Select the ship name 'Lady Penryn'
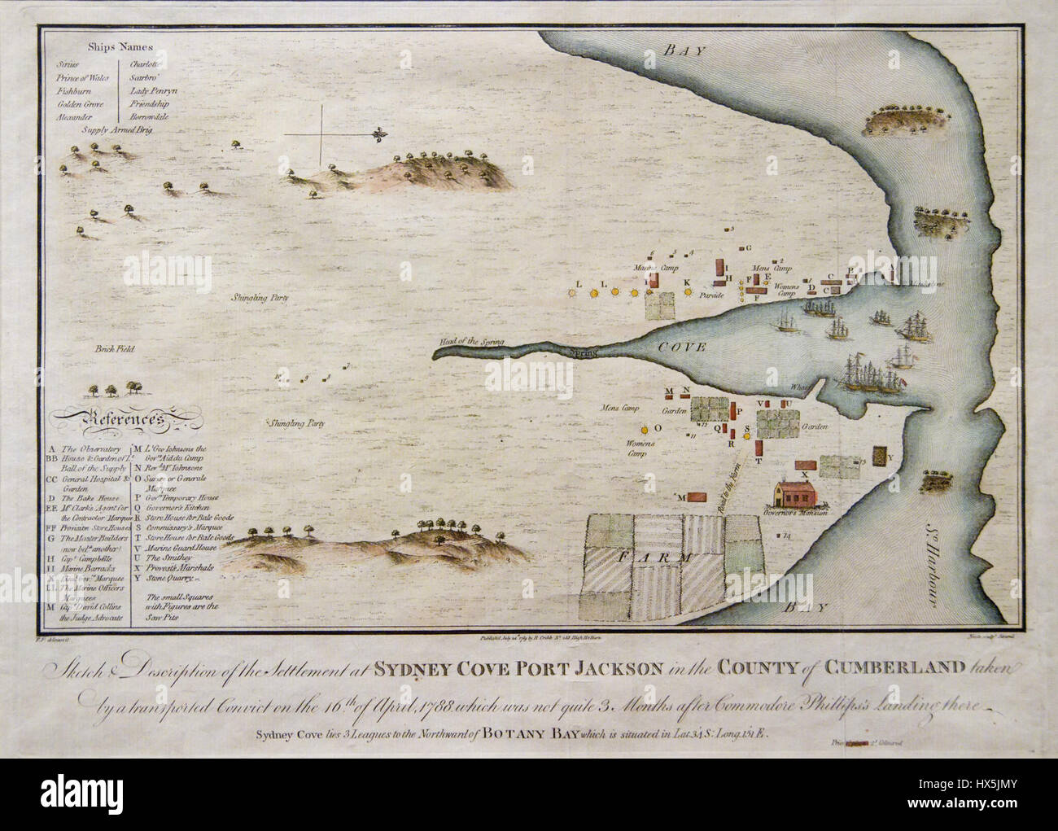153,90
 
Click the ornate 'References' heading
109,418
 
